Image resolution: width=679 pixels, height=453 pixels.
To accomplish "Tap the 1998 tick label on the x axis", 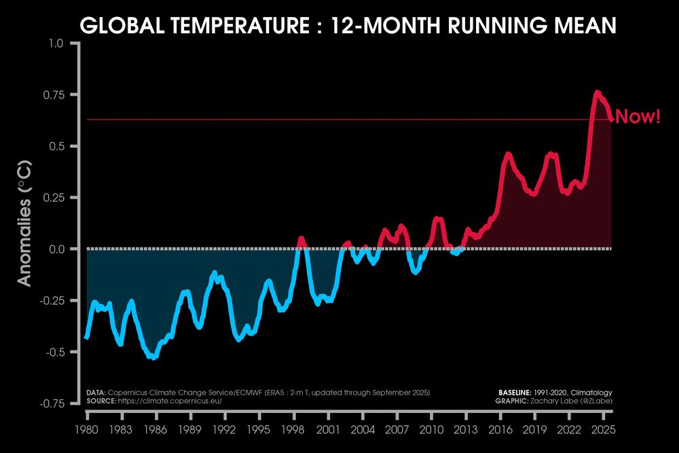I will tap(293, 430).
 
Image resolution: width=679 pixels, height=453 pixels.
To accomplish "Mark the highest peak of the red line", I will tap(597, 92).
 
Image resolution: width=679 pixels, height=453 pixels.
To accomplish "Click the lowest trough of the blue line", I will tap(155, 357).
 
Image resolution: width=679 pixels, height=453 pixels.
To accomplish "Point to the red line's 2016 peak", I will tap(507, 154).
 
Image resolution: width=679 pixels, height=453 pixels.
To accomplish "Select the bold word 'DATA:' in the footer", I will tap(96, 393).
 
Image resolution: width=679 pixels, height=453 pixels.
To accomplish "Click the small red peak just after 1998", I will tap(301, 238).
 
